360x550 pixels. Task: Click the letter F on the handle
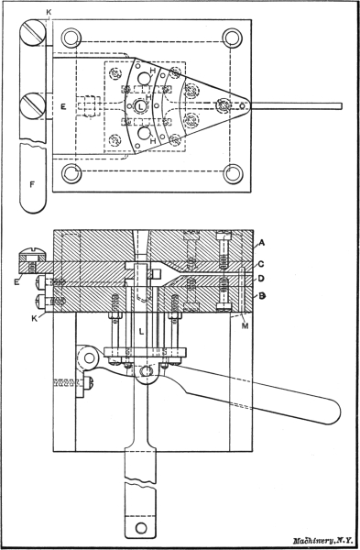[32, 184]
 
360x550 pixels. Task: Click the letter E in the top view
[63, 106]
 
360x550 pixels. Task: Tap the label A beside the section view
[261, 242]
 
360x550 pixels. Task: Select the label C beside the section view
[261, 265]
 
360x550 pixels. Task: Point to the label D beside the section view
[261, 280]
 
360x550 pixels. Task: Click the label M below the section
[245, 326]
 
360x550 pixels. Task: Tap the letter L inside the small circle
[141, 106]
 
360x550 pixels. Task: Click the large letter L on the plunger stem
[142, 331]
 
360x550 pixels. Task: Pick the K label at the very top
[49, 12]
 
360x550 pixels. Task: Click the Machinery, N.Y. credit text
[318, 541]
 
